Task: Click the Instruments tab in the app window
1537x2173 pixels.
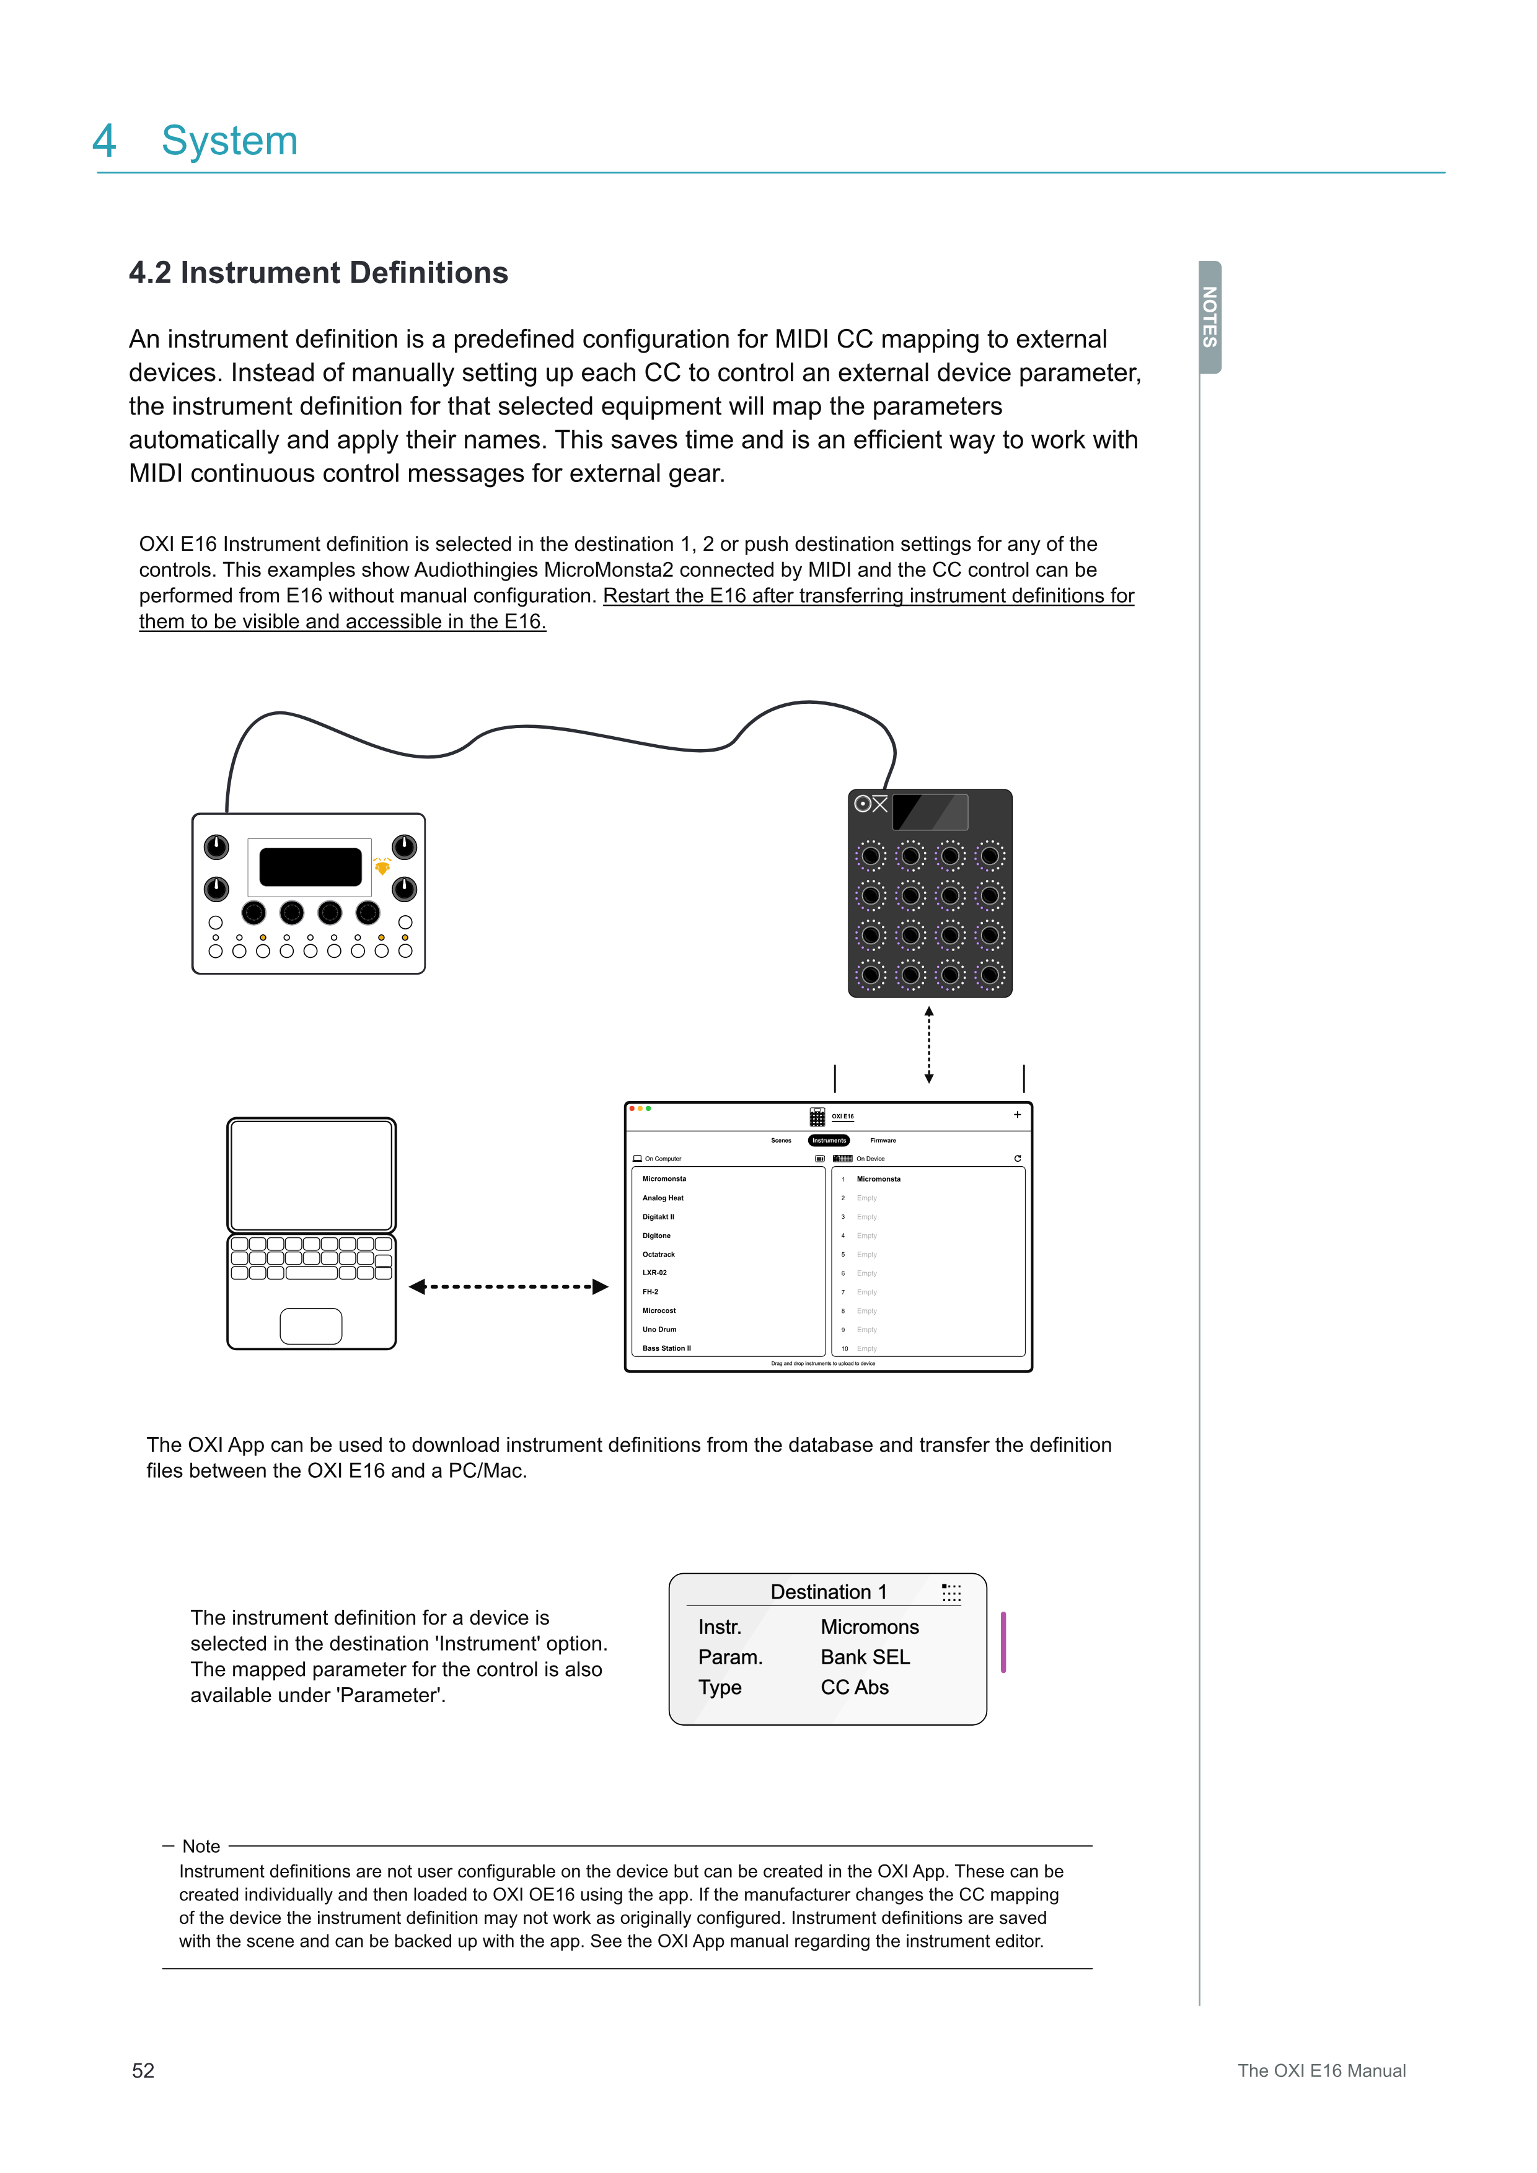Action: (x=829, y=1141)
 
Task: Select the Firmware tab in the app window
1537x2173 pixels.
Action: (x=883, y=1141)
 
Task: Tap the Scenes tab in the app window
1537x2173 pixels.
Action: (x=781, y=1141)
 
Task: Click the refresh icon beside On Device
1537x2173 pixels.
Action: (x=1018, y=1159)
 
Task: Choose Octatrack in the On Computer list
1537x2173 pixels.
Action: (x=659, y=1254)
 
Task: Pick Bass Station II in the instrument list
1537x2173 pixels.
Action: (x=666, y=1348)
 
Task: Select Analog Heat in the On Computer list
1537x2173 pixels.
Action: (x=663, y=1198)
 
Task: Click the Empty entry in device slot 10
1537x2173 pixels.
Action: (x=867, y=1349)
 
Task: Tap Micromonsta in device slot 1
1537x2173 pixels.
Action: (x=878, y=1179)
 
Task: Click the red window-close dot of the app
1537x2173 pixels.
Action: (x=632, y=1108)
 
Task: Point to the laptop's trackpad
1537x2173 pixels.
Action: (x=310, y=1326)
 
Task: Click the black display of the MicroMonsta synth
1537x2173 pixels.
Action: (x=310, y=867)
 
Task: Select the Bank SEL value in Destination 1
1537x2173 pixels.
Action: (x=865, y=1657)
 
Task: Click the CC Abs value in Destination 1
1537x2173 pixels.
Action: (x=855, y=1687)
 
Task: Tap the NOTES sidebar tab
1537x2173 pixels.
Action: (x=1210, y=317)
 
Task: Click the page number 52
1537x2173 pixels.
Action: (x=143, y=2071)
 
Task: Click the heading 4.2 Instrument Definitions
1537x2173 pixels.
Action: (x=318, y=273)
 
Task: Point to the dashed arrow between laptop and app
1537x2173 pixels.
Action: (x=508, y=1286)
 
